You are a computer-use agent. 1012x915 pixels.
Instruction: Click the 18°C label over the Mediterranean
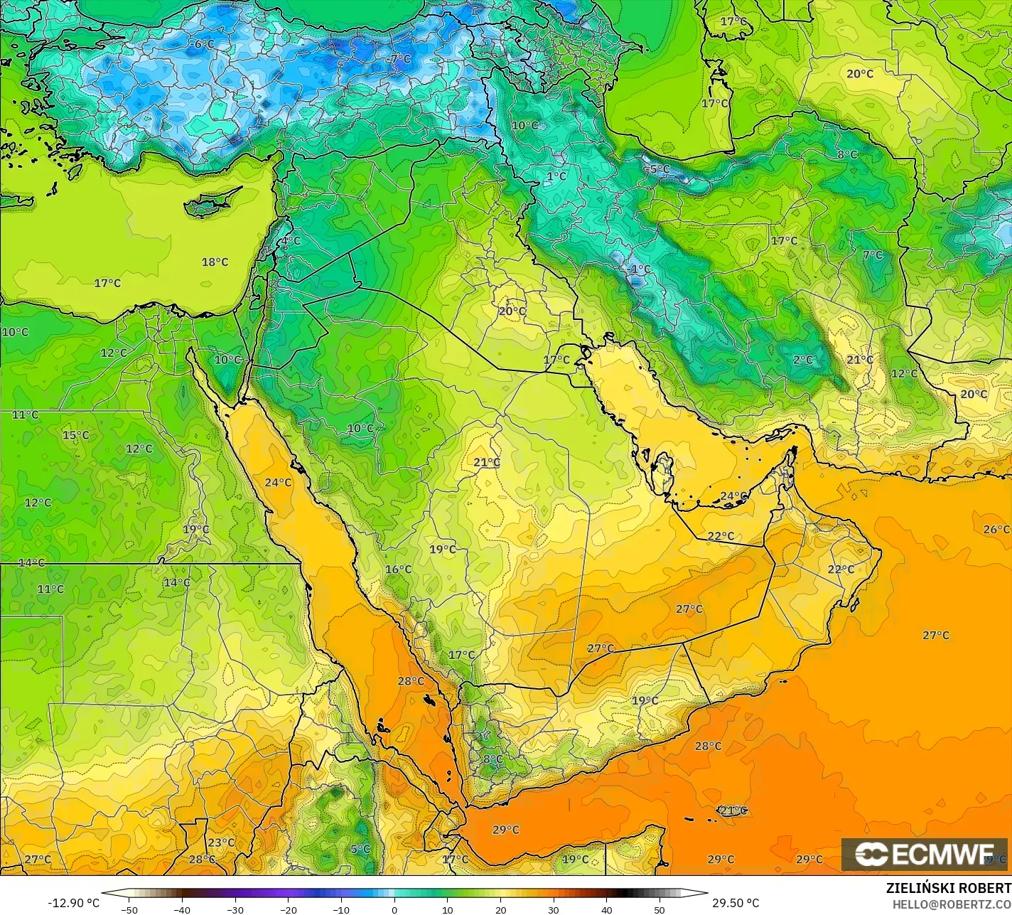tap(215, 262)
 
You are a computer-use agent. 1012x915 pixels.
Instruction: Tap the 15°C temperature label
tap(76, 436)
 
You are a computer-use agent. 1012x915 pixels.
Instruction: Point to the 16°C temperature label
tap(399, 569)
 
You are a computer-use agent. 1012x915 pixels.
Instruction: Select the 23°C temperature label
tap(221, 843)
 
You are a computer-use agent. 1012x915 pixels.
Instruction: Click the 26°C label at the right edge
tap(996, 530)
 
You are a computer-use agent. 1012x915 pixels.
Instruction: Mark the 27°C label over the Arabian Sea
tap(936, 636)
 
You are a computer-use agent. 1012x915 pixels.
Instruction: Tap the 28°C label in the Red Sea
tap(411, 681)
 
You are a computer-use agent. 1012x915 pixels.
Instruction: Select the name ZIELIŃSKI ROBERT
tap(948, 889)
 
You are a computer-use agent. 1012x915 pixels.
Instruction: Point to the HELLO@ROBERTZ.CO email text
tap(952, 904)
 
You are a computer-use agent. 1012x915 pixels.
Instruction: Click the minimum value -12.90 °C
tap(74, 903)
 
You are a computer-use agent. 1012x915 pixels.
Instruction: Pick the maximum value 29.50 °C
tap(736, 903)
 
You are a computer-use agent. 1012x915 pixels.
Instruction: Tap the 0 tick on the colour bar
tap(394, 910)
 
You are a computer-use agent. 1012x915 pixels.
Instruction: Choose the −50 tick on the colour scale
tap(129, 910)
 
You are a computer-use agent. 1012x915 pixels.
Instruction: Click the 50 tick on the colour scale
tap(660, 910)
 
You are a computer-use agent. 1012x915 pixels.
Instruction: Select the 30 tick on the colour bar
tap(554, 910)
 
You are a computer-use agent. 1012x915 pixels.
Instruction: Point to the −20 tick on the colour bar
tap(288, 910)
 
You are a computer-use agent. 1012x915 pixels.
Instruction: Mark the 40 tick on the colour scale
tap(607, 910)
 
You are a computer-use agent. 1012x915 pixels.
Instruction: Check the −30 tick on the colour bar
tap(235, 910)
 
